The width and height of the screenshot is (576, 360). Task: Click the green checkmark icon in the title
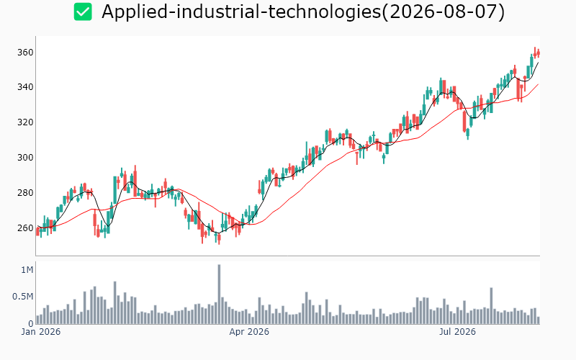pos(83,12)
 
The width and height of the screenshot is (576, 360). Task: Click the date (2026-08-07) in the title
pos(443,12)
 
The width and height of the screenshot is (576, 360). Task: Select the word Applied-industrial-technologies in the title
pos(241,12)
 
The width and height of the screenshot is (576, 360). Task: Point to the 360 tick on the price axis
pos(25,53)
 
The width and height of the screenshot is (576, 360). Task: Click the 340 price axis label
pos(25,87)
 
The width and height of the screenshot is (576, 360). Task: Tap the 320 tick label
pos(25,122)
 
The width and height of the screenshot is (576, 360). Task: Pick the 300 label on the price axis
pos(25,158)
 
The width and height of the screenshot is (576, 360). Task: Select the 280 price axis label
pos(25,193)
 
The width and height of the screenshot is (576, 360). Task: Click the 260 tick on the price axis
pos(25,228)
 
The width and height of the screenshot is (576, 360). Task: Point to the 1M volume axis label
pos(27,270)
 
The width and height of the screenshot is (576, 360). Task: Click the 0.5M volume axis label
pos(23,297)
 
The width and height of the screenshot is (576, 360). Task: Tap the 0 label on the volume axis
pos(31,323)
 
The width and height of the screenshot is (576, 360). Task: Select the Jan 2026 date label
pos(41,332)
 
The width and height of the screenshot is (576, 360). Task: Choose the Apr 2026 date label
pos(249,332)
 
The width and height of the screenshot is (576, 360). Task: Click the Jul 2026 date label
pos(457,332)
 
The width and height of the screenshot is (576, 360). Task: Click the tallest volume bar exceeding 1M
pos(219,294)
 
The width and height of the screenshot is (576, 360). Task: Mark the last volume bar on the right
pos(539,320)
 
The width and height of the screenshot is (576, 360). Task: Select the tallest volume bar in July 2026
pos(491,306)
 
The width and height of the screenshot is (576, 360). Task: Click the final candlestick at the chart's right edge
pos(539,53)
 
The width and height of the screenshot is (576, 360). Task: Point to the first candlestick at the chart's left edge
pos(37,231)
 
